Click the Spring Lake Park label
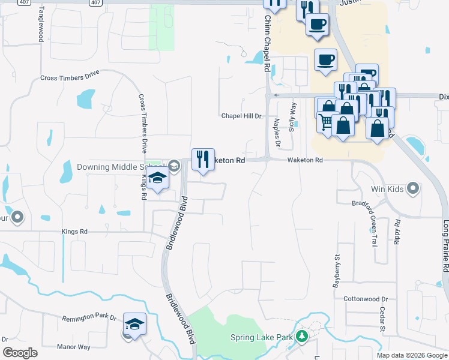click(x=262, y=338)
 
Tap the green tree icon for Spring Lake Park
click(x=303, y=337)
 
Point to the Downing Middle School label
click(x=120, y=166)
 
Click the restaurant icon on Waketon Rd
click(x=203, y=160)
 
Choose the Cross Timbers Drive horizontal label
click(x=70, y=77)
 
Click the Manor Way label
click(x=73, y=347)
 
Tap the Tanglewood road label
click(x=41, y=25)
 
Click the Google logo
click(x=20, y=352)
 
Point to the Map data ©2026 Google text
click(x=411, y=355)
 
